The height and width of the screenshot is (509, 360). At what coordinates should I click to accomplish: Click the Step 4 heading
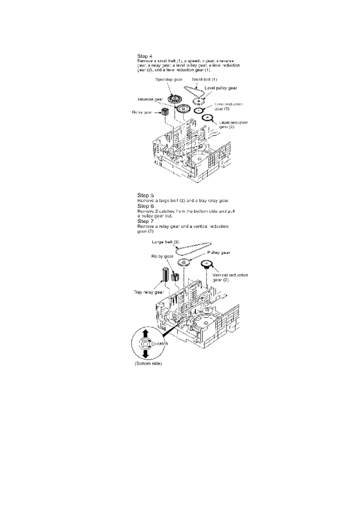tap(145, 56)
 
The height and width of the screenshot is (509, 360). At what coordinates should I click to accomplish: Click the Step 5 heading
tap(146, 195)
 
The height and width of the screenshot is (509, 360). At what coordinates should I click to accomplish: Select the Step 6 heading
tap(146, 206)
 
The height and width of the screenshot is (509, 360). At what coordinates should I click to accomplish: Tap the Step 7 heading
tap(146, 221)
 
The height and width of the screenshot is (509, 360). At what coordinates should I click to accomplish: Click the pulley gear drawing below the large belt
tap(183, 263)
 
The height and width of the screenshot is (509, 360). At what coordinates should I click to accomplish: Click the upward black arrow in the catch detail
tap(145, 334)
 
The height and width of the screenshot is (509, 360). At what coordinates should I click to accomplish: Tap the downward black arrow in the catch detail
tap(145, 353)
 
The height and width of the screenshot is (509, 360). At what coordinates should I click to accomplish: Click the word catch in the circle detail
tap(162, 344)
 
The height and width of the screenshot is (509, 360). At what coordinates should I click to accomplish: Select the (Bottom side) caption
tap(148, 363)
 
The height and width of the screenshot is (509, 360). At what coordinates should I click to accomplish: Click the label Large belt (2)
tap(165, 242)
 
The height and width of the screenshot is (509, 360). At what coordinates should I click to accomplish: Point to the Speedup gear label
tap(169, 80)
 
